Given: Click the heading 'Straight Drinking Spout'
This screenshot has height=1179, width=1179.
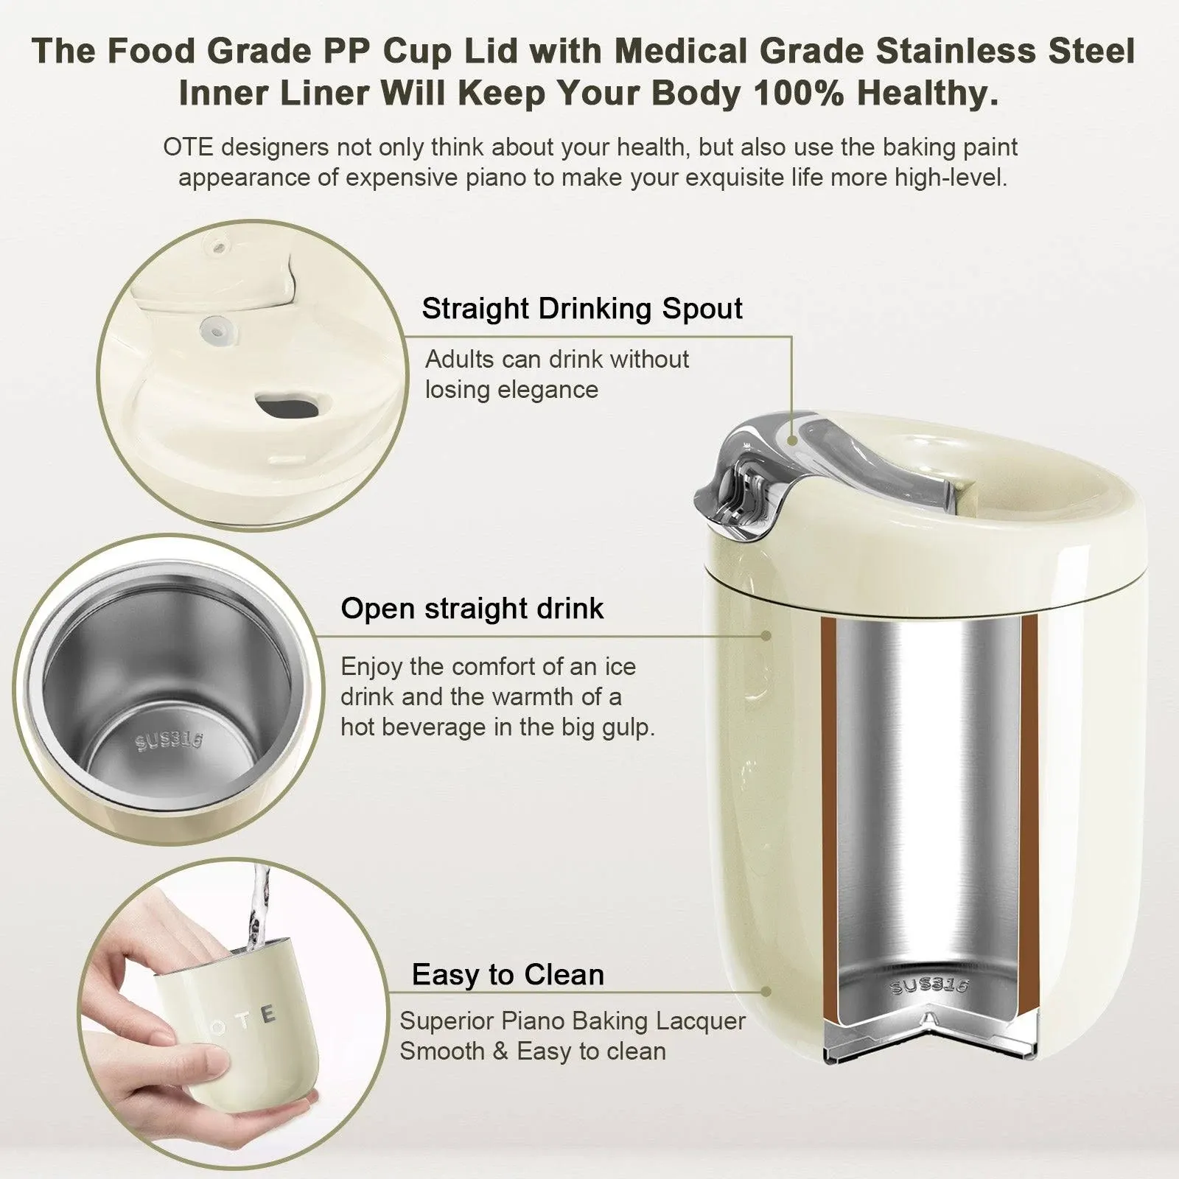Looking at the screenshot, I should (x=581, y=309).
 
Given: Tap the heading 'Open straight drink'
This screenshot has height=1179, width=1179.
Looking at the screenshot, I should (x=472, y=609).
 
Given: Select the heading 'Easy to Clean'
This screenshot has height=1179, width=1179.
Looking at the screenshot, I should (x=508, y=974).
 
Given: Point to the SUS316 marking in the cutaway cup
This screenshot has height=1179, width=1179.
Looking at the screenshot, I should (x=929, y=985).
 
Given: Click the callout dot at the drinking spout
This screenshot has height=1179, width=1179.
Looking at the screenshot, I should (x=792, y=440).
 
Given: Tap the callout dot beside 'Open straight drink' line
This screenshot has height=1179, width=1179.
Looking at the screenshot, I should (x=766, y=635).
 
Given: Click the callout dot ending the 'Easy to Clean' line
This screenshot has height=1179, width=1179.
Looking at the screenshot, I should (x=766, y=993).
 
